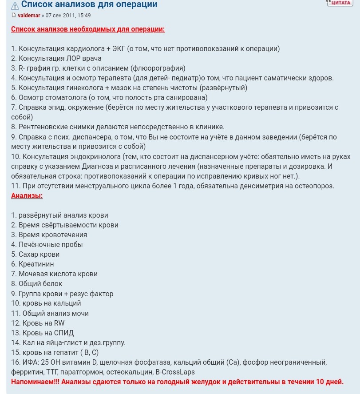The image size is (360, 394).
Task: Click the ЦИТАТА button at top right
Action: click(x=340, y=3)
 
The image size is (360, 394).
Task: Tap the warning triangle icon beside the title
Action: click(x=15, y=5)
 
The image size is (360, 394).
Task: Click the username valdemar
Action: click(x=29, y=16)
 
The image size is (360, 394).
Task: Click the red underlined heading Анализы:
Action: click(x=27, y=195)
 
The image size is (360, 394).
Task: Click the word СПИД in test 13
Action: click(x=64, y=333)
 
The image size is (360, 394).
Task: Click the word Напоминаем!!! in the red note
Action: click(x=35, y=382)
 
